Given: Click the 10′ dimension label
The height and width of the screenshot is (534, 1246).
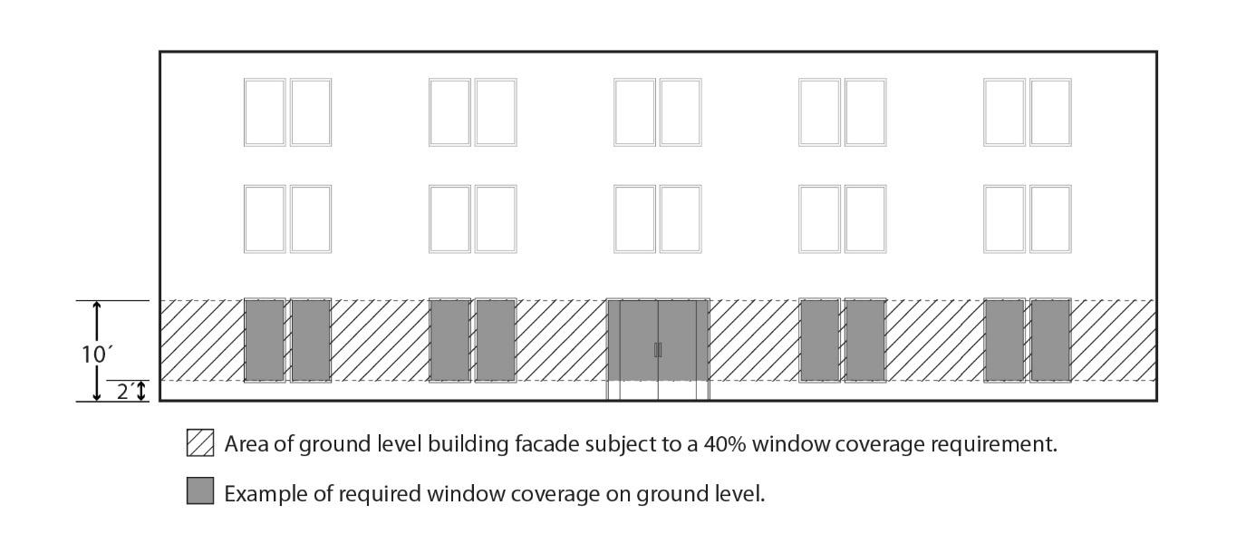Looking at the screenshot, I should (x=95, y=354).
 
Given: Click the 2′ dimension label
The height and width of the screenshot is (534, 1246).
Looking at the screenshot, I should (x=126, y=392).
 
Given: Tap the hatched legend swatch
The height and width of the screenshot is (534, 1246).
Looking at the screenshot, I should (x=200, y=443).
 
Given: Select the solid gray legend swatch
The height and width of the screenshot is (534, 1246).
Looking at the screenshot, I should (x=200, y=491).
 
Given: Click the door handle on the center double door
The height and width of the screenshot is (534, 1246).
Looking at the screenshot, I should (x=658, y=349).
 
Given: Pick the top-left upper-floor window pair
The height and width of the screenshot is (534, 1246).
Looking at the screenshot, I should (x=287, y=112).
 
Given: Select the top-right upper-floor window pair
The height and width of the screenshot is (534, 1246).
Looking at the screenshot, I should (x=1027, y=112).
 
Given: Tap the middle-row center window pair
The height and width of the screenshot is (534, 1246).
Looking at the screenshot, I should (x=657, y=218).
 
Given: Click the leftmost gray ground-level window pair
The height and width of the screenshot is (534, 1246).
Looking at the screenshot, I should (x=287, y=340).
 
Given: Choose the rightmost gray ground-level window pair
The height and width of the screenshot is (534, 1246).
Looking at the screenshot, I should (x=1027, y=340).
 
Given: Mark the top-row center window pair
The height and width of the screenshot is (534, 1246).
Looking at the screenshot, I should (x=657, y=112).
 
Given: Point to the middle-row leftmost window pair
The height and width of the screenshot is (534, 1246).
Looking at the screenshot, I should (x=287, y=218).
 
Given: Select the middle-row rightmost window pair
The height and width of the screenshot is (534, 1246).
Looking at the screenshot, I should (x=1027, y=218).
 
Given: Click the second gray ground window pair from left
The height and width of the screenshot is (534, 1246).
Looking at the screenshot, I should (x=472, y=340).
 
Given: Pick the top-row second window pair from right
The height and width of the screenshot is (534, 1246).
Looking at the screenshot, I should (x=842, y=112).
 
